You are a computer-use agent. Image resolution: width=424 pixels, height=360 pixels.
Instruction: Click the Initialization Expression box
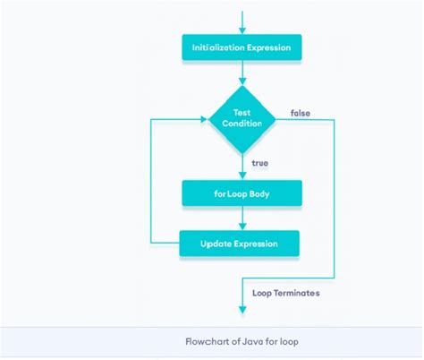point(242,47)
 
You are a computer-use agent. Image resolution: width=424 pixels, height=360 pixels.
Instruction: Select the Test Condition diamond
point(242,117)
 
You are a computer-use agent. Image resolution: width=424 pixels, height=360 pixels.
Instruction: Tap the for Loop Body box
point(242,193)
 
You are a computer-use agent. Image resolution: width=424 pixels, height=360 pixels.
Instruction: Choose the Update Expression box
point(239,243)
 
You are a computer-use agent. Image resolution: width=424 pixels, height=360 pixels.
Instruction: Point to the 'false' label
point(301,113)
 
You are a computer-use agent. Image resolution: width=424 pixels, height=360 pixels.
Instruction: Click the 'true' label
point(260,163)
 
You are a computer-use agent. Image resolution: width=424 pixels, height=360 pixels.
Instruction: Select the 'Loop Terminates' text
point(285,292)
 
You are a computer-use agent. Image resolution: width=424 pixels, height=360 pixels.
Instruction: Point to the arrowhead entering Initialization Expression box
point(242,30)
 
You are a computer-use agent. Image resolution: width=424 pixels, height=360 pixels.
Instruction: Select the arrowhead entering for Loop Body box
point(242,176)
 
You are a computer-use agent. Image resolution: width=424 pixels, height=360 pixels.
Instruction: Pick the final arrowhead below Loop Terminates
point(242,310)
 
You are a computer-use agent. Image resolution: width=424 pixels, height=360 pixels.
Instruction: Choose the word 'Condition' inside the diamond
point(242,124)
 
